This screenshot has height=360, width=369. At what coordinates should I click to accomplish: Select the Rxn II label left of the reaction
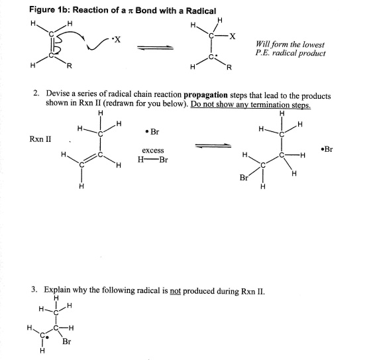[40, 139]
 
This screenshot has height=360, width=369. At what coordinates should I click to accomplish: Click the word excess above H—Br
[153, 150]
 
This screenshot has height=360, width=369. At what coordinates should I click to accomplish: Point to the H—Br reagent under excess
[152, 160]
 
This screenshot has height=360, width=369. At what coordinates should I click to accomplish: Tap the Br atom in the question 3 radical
[67, 342]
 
